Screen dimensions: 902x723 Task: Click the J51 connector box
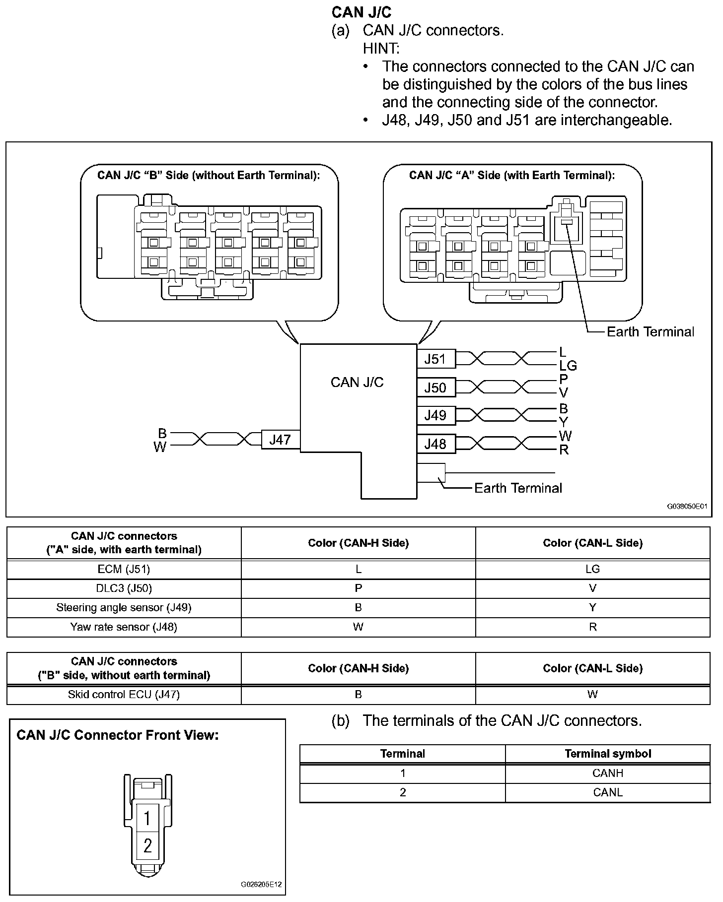(435, 359)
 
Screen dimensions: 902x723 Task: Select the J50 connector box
(435, 387)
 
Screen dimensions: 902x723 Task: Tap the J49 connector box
(435, 415)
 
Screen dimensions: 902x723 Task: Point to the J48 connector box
(435, 444)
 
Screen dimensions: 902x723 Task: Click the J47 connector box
(280, 440)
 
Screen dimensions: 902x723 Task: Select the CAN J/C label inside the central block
(357, 382)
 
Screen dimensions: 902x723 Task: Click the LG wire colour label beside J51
(568, 366)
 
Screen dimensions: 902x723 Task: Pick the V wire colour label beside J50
(563, 393)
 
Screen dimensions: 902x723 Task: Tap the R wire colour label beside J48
(564, 450)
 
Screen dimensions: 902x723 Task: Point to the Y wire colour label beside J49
(563, 422)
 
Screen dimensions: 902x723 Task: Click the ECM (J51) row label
(124, 569)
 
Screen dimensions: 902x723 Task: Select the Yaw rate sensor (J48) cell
(124, 627)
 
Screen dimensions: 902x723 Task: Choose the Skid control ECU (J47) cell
(124, 695)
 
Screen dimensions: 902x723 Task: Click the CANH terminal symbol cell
(608, 773)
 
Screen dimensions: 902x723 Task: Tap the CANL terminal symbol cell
(608, 792)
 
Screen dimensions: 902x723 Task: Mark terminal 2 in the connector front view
(147, 845)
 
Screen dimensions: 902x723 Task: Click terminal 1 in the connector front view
(147, 818)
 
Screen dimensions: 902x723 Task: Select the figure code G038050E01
(687, 507)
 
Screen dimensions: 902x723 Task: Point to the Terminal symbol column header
(608, 754)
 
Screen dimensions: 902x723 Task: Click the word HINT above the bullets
(381, 49)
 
